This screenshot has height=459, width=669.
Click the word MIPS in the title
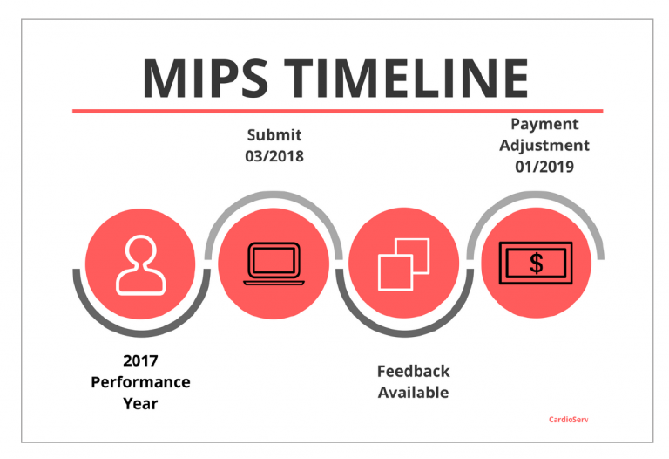(x=206, y=79)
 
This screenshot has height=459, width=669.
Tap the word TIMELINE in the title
(x=407, y=79)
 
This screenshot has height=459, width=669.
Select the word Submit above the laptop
(x=274, y=135)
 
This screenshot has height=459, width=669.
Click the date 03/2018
(x=274, y=156)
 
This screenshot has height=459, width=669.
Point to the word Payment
(x=544, y=125)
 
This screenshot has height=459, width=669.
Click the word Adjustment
(x=544, y=146)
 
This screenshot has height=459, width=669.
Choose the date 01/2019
(x=544, y=167)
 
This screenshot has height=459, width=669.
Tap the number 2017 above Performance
(x=140, y=360)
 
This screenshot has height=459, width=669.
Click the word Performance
(x=140, y=382)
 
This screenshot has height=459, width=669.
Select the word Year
(x=140, y=403)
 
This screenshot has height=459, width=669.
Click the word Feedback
(x=414, y=372)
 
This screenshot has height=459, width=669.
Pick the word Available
(x=414, y=393)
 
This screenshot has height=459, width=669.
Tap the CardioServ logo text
(x=569, y=420)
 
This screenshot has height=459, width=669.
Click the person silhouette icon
(x=141, y=265)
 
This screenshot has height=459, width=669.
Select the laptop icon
(x=274, y=264)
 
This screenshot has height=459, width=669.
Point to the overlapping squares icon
(x=403, y=264)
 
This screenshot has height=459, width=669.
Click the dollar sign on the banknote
(x=537, y=264)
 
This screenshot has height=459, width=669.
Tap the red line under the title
(x=337, y=111)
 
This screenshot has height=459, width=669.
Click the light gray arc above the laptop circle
(x=274, y=195)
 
